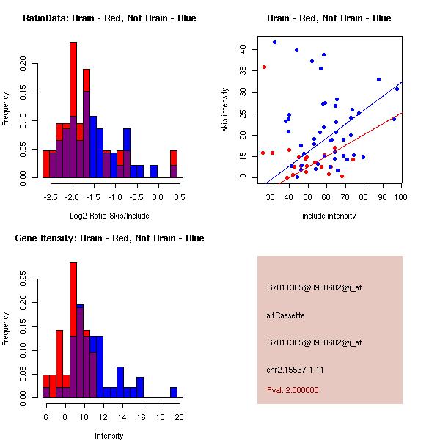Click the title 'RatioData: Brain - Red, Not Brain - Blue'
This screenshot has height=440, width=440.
click(109, 18)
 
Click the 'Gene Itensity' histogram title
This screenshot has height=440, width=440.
click(109, 238)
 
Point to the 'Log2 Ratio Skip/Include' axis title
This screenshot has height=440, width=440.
click(109, 216)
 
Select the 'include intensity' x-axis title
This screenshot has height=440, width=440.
click(329, 216)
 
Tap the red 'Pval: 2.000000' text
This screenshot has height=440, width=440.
click(293, 390)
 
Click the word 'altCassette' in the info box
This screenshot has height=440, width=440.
click(285, 315)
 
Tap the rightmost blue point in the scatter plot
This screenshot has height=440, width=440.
click(397, 89)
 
